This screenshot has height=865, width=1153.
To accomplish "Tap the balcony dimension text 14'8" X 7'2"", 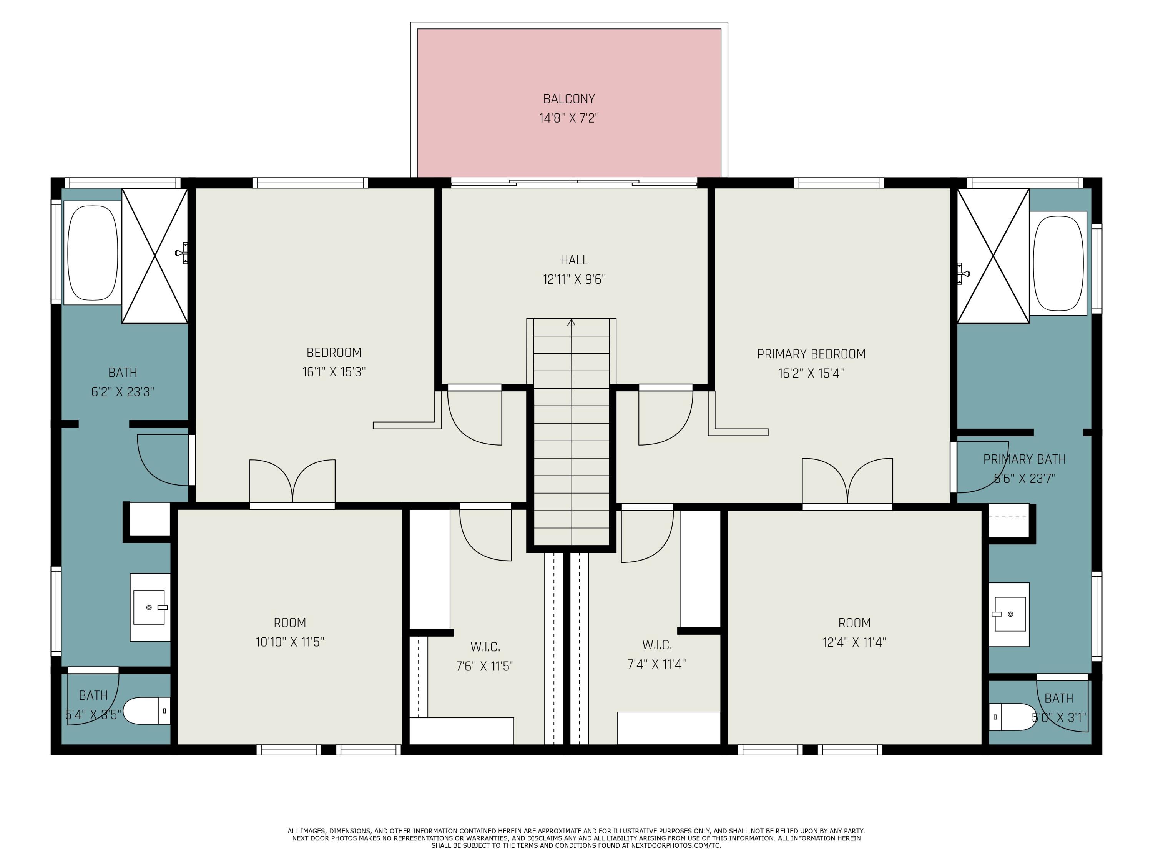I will (x=569, y=118).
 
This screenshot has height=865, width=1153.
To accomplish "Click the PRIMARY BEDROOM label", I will (x=811, y=354).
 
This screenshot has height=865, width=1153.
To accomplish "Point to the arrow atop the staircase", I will (x=571, y=323).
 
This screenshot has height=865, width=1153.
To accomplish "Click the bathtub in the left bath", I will (x=93, y=253).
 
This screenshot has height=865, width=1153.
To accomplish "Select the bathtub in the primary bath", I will (x=1058, y=263).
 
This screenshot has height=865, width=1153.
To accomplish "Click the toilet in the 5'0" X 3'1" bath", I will (x=1011, y=717).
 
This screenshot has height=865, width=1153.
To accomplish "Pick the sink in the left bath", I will (x=150, y=607).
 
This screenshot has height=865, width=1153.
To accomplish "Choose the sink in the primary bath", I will (x=1010, y=614).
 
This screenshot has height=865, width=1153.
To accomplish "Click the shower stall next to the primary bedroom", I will (x=993, y=256).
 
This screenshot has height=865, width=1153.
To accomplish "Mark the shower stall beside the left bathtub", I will (x=155, y=256).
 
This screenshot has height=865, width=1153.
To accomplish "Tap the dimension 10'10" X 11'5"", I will (x=290, y=642).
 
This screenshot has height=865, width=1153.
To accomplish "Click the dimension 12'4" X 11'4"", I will (x=854, y=642).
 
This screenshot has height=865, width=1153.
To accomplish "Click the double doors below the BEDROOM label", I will (x=292, y=482).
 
